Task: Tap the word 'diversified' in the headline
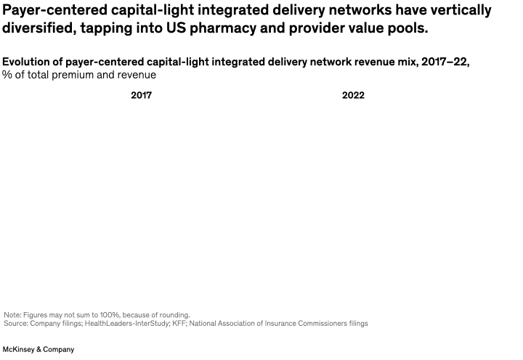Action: click(38, 28)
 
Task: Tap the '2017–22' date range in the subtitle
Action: click(447, 62)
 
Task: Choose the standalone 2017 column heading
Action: click(141, 95)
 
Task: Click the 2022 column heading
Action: click(353, 95)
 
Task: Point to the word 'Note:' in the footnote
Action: click(13, 315)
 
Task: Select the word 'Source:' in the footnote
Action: click(17, 323)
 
